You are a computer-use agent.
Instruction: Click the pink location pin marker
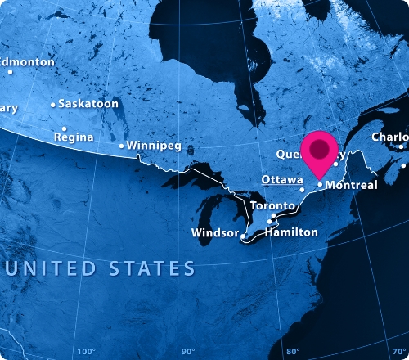(x=320, y=151)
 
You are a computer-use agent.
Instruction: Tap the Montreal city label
(x=351, y=186)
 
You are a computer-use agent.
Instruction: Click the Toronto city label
(x=272, y=205)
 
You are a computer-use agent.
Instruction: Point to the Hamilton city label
(x=291, y=232)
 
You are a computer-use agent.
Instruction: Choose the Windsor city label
(x=214, y=234)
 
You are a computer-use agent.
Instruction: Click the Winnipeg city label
(x=154, y=146)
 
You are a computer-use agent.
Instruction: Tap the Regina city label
(x=73, y=137)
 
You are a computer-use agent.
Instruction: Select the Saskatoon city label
(x=89, y=104)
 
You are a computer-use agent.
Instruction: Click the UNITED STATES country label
(x=99, y=268)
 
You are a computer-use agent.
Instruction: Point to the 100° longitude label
(x=85, y=352)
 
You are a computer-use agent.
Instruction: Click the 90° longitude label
(x=187, y=352)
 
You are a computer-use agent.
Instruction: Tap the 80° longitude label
(x=293, y=352)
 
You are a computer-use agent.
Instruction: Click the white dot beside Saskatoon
(x=53, y=105)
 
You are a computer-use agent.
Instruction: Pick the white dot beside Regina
(x=64, y=128)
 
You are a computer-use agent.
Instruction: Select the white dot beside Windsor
(x=243, y=236)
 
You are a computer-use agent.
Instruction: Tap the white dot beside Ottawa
(x=302, y=190)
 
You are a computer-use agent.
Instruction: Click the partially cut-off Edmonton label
(x=26, y=62)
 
